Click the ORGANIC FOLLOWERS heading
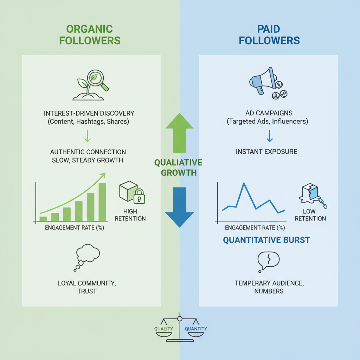(x=90, y=34)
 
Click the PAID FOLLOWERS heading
(x=269, y=34)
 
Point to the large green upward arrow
(x=179, y=134)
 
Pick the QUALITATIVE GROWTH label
(x=178, y=168)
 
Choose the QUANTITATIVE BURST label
(x=266, y=240)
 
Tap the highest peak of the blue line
(x=243, y=184)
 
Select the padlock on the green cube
(x=139, y=197)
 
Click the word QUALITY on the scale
(x=164, y=329)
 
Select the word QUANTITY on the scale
(x=196, y=329)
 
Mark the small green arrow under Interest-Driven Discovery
(x=88, y=136)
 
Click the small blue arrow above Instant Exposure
(x=269, y=136)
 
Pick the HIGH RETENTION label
(x=134, y=215)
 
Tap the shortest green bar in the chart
(x=43, y=218)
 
